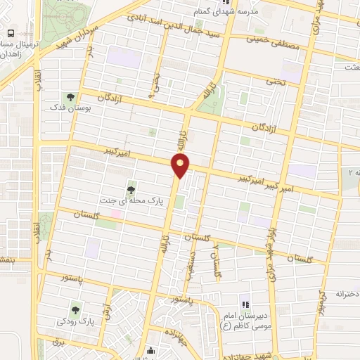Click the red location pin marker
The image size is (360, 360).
181,166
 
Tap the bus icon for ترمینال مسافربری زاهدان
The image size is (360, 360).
11,34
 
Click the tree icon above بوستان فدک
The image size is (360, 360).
70,98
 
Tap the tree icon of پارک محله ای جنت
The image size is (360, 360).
131,188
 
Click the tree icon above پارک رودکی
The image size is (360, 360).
75,309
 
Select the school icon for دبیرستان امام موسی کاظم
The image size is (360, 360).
245,304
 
